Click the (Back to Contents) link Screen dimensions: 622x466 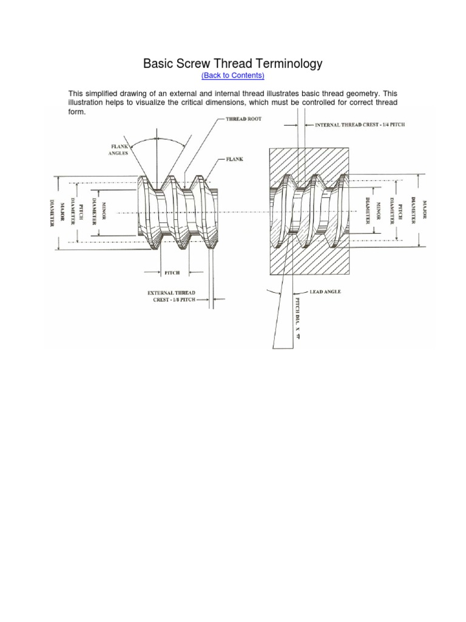(x=232, y=75)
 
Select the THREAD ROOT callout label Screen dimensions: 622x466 (x=243, y=119)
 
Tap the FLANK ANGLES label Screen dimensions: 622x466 (x=119, y=149)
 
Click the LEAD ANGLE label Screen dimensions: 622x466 (x=325, y=292)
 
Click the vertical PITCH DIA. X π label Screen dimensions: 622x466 (x=297, y=317)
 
